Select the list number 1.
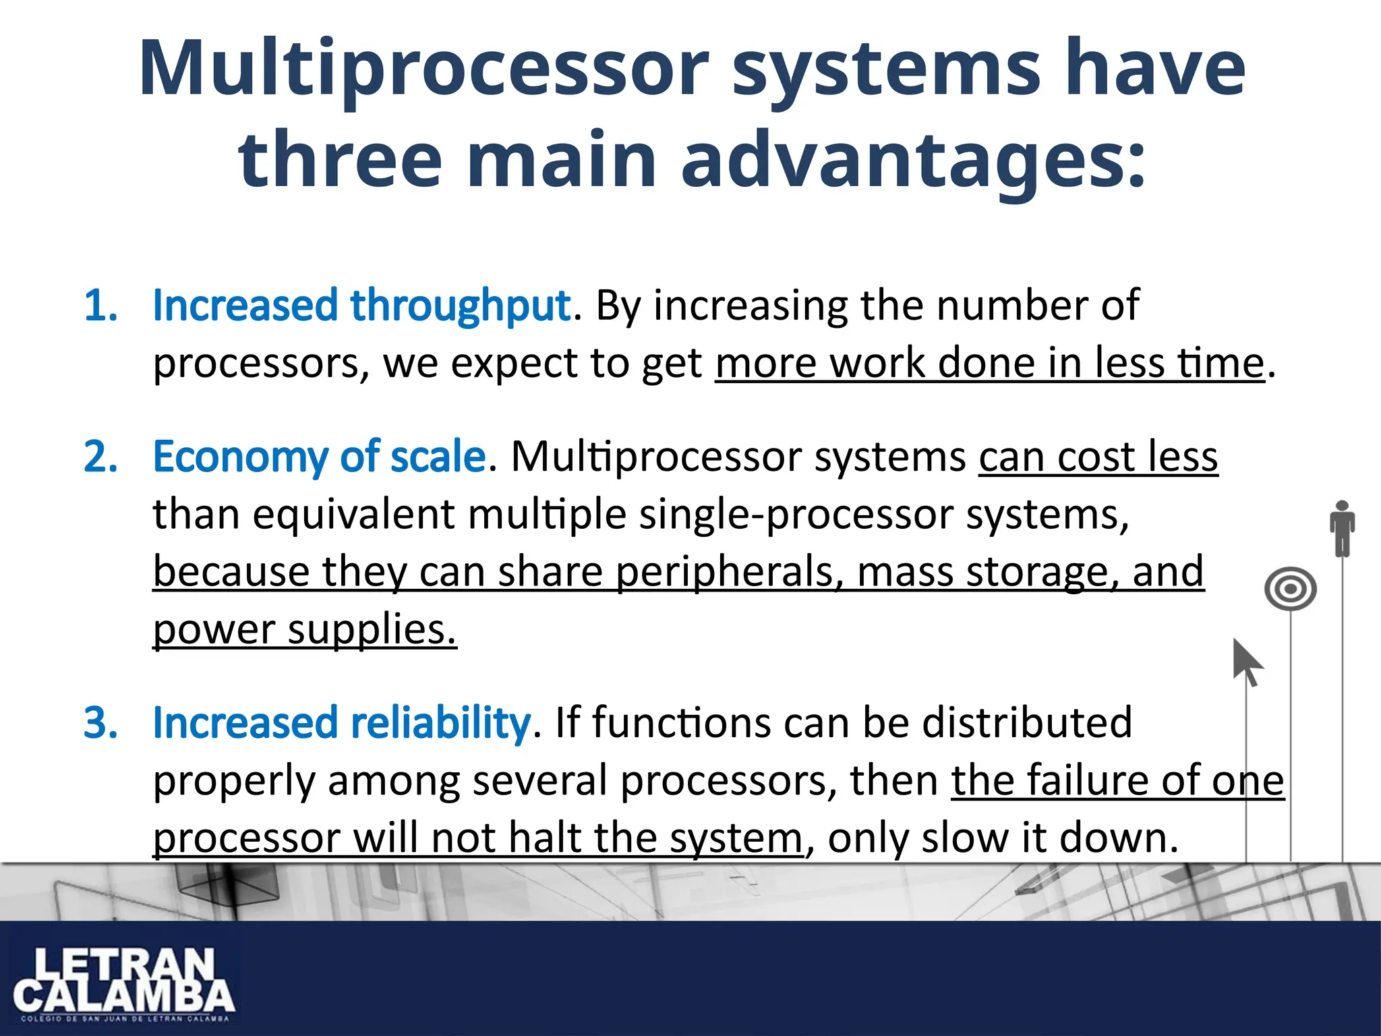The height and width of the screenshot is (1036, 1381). (100, 306)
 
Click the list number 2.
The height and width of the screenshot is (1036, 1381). (100, 457)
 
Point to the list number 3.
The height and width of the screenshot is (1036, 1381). (100, 723)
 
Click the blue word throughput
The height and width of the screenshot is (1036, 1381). (461, 306)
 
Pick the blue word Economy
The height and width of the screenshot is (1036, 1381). (240, 457)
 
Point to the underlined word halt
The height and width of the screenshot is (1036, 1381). (546, 838)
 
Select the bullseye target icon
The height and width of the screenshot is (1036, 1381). (1290, 589)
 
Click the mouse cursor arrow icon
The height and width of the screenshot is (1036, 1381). (1246, 662)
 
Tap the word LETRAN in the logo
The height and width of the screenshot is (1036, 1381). (124, 967)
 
